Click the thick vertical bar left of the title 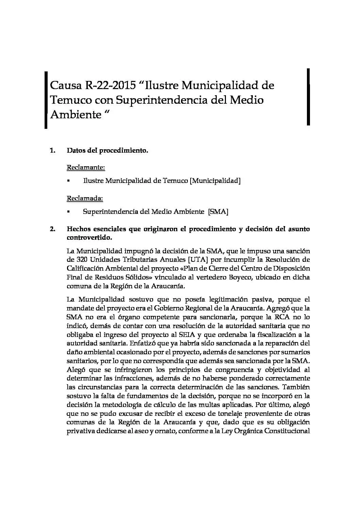[46, 99]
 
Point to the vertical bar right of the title [308, 97]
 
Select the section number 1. [52, 150]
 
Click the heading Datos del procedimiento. [107, 150]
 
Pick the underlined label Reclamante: [86, 167]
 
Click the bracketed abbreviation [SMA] [218, 211]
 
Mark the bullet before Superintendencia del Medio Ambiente [68, 212]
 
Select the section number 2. [52, 229]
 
